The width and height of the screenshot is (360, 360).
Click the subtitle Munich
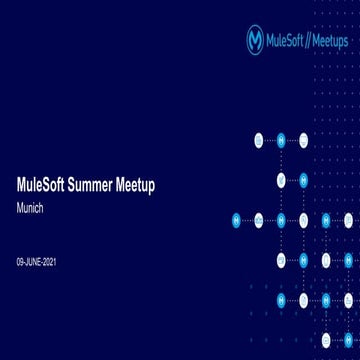tap(31, 212)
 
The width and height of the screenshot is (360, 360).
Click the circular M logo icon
tap(256, 40)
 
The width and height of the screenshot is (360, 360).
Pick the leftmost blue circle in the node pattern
tap(237, 220)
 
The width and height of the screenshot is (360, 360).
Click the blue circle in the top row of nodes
tap(282, 140)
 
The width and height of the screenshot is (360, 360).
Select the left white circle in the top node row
tap(259, 140)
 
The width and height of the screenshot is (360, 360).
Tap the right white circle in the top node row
tap(304, 140)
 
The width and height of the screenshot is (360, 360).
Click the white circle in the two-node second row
tap(282, 180)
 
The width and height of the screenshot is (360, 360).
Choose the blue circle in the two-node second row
tap(304, 180)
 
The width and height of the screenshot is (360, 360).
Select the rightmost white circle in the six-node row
tap(348, 220)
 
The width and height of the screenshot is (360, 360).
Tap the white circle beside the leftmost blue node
tap(259, 220)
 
